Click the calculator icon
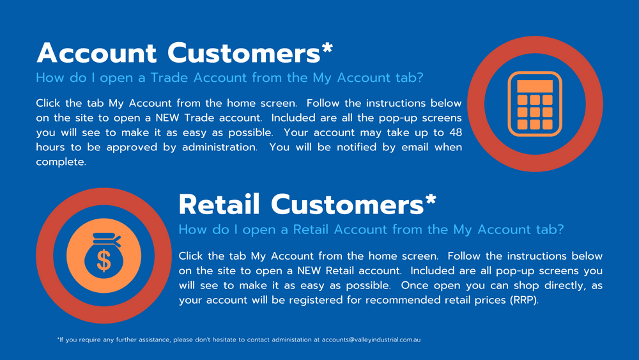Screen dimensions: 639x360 [535, 104]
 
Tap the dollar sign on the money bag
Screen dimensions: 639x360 [104, 261]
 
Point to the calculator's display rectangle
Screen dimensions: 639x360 [535, 86]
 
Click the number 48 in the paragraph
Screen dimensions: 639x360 [456, 132]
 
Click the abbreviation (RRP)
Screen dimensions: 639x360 [524, 300]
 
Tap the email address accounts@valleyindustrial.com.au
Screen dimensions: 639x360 [371, 340]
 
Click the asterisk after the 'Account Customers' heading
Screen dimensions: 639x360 [327, 48]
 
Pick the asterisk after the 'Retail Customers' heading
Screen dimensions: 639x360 [431, 200]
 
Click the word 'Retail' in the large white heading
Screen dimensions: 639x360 [219, 204]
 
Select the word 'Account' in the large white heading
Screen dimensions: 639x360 [96, 53]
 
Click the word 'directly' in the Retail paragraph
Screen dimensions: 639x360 [566, 285]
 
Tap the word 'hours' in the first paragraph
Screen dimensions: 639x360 [50, 147]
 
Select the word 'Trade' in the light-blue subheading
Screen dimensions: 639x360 [168, 77]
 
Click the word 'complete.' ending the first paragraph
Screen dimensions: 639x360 [61, 162]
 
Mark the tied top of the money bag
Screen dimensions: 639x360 [106, 239]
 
